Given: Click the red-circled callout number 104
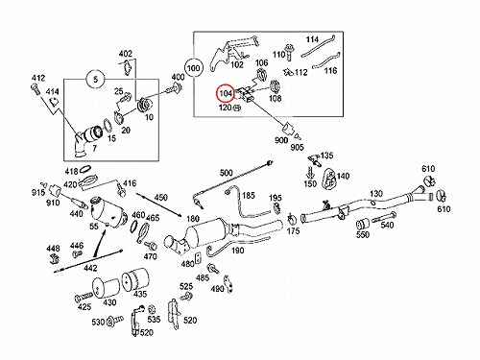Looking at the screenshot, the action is pos(226,94).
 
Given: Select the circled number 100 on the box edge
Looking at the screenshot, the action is pos(193,68).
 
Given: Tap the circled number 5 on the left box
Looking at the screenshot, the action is pos(95,79).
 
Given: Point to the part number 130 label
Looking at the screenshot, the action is pos(376,194).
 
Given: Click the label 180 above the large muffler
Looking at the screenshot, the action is pos(193,219).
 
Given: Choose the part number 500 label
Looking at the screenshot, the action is pos(226,173).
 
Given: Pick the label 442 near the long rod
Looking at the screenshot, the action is pos(90,268).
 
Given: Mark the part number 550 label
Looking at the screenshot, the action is pos(363,234).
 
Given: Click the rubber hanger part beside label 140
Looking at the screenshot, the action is pos(328,178).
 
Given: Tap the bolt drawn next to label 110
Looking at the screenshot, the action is pos(290,52).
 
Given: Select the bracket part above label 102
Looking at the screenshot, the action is pos(233,52).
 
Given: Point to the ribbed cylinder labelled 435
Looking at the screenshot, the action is pos(135,280).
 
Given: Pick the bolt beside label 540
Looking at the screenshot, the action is pos(384,217).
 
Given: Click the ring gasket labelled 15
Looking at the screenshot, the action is pos(107,126).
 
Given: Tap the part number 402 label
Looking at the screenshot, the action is pos(126,54).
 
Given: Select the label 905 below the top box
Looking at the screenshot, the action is pos(297,147).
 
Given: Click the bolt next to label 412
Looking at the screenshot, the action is pos(36,88).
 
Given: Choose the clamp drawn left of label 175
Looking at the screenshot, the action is pos(292,219).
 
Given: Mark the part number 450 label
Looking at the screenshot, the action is pos(161,197).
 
